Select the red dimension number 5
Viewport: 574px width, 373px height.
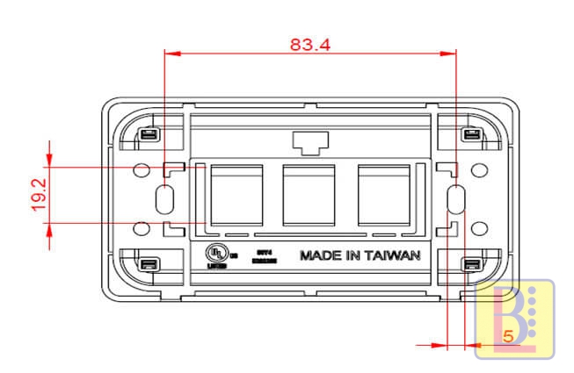(x=508, y=336)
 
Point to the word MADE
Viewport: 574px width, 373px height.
(x=321, y=255)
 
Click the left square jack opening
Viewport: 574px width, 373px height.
(x=236, y=194)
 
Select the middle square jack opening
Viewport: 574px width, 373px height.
(x=310, y=194)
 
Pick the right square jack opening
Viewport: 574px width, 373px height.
(x=384, y=194)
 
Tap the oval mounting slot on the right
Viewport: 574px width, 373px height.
(x=454, y=199)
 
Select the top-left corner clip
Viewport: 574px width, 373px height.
(x=149, y=135)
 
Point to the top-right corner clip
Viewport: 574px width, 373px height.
(x=470, y=135)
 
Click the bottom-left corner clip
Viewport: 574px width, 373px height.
(x=149, y=264)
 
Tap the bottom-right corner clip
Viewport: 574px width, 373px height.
(x=470, y=264)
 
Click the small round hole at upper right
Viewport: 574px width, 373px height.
(x=478, y=169)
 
